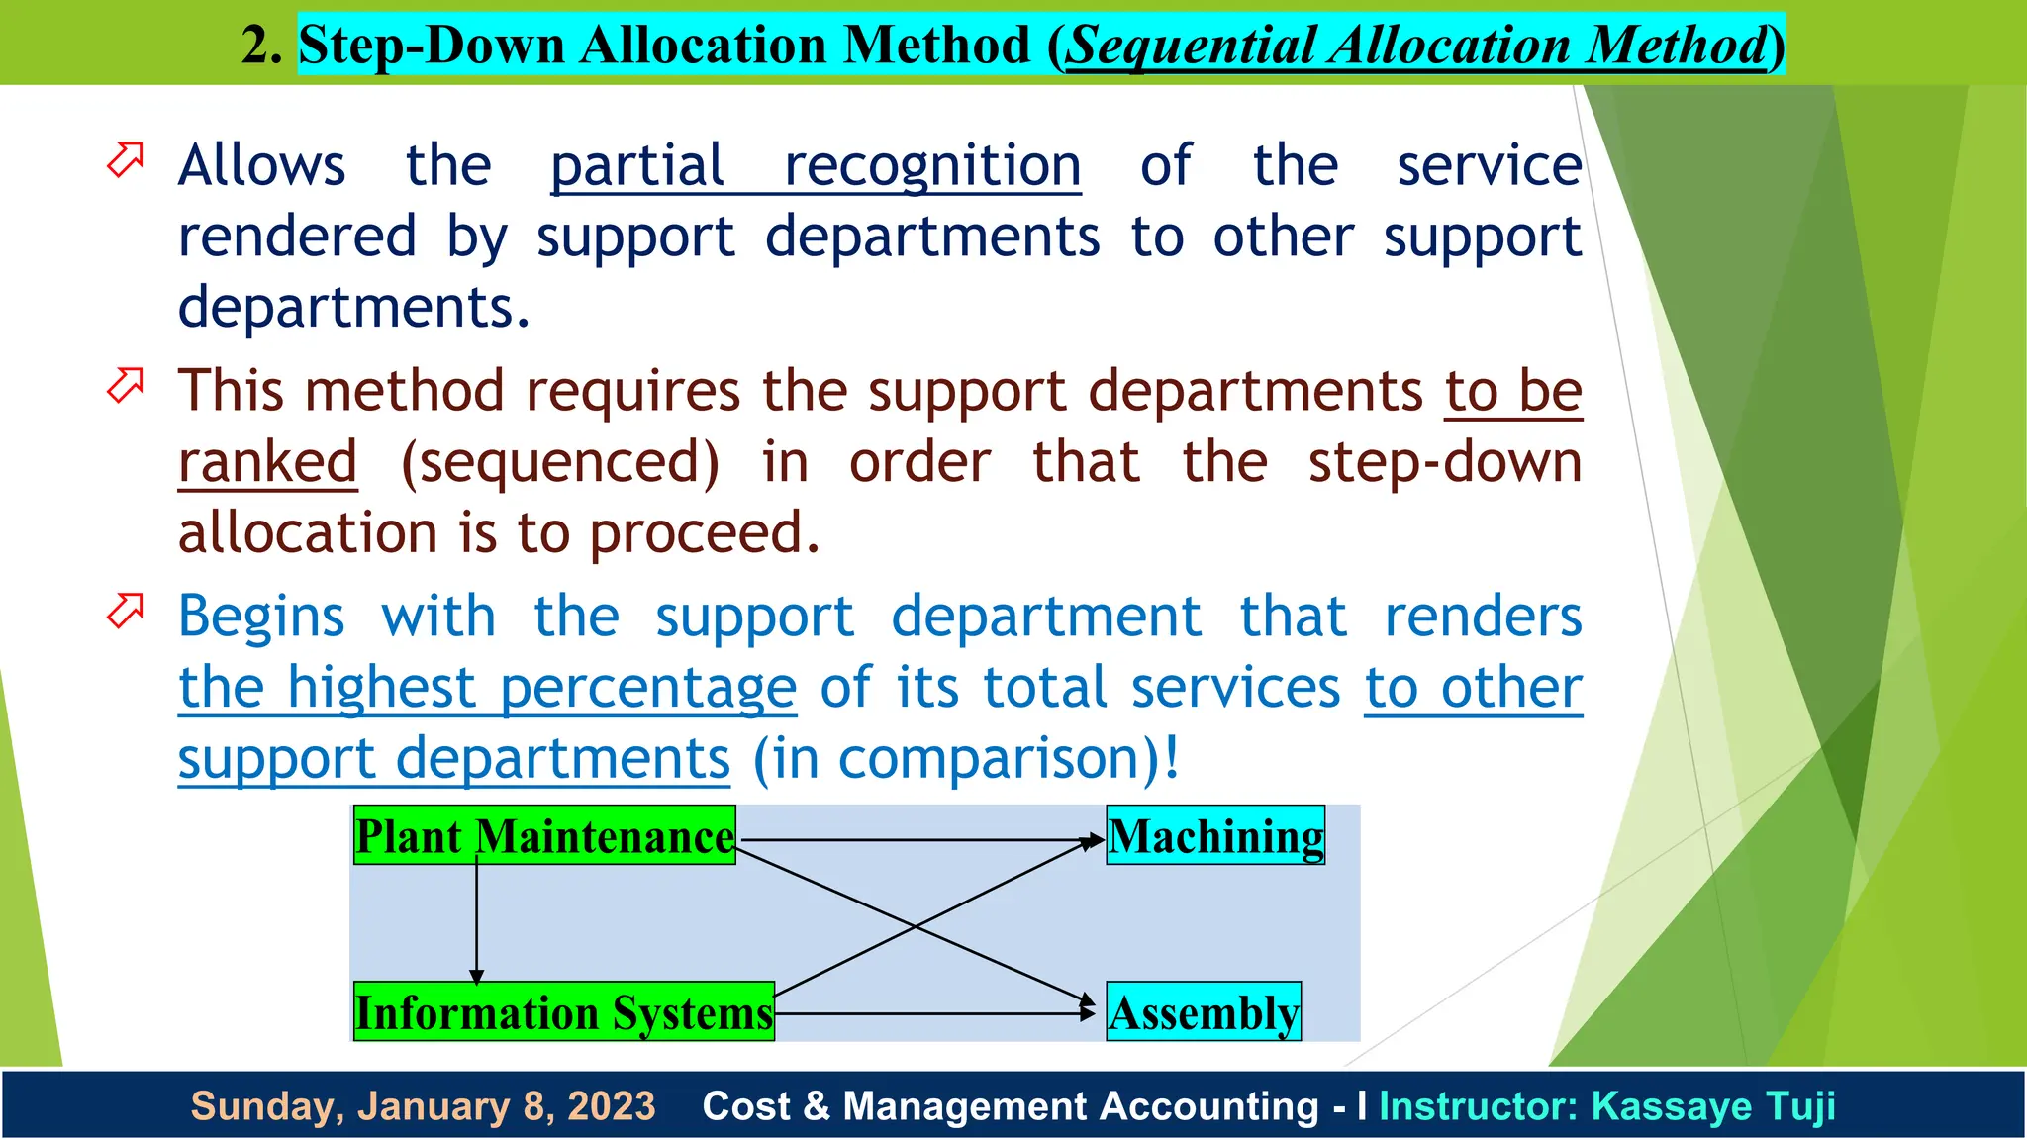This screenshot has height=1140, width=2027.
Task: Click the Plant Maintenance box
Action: [544, 836]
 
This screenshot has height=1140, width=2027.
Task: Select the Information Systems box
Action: [564, 1012]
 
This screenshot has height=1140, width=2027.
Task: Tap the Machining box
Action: [1215, 836]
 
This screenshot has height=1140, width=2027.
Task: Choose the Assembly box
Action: [1204, 1012]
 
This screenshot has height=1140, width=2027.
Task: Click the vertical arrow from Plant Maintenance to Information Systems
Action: [476, 920]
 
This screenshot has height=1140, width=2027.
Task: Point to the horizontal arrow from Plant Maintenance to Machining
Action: [920, 840]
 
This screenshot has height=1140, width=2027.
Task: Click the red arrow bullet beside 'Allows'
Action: [126, 159]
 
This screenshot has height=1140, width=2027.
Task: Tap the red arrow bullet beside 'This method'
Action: [126, 385]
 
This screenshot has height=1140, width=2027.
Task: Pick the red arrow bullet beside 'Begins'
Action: [126, 611]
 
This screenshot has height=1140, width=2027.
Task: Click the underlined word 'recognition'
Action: [931, 165]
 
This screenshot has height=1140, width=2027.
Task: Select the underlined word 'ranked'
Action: [267, 462]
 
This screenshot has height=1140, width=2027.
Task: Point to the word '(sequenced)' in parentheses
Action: [560, 462]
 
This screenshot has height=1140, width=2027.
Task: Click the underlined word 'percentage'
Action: [648, 688]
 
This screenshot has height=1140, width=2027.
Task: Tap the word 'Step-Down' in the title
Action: [432, 46]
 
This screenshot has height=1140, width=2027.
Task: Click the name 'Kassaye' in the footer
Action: [1664, 1106]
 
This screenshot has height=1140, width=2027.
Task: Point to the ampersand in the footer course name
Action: [817, 1106]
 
